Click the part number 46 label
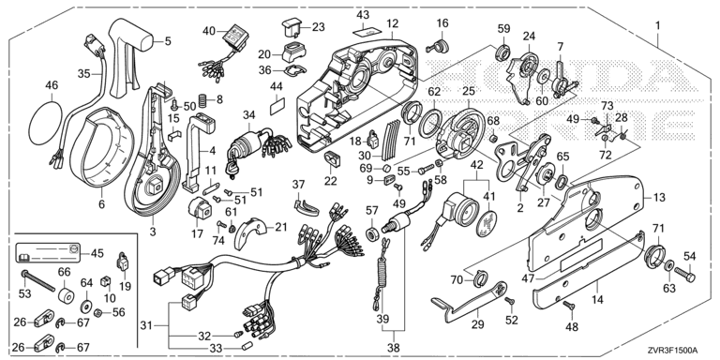[52, 85]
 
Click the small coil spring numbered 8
[202, 98]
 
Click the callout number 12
[393, 23]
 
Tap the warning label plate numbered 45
[48, 253]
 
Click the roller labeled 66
[66, 296]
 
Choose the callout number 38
[394, 348]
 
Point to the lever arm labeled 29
[469, 303]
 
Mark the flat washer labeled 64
[85, 306]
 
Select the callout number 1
[658, 25]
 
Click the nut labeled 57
[371, 233]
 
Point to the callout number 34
[249, 114]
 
